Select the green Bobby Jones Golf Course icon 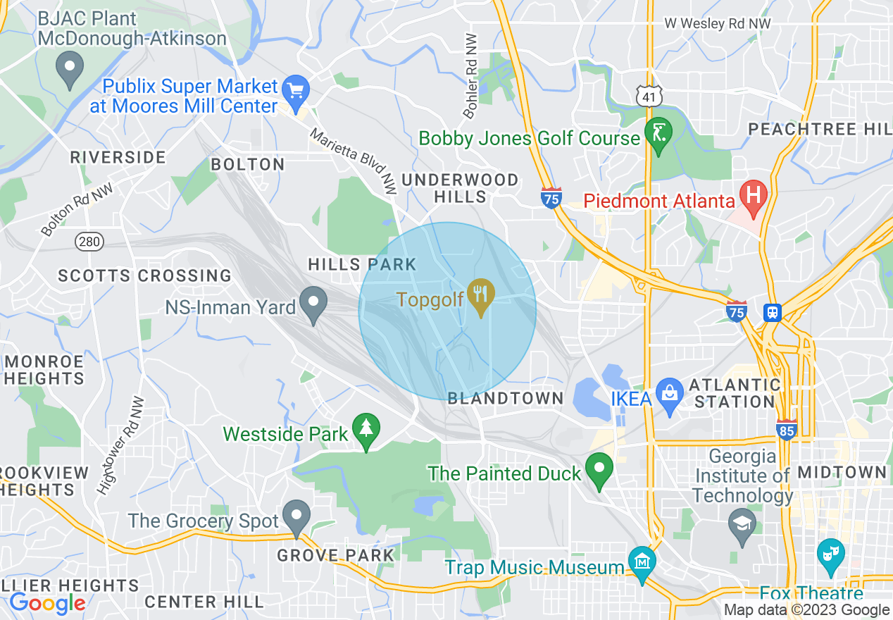[x=658, y=132]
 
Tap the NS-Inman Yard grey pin [x=313, y=303]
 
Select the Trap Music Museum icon [x=642, y=562]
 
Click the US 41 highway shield [x=647, y=97]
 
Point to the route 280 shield [x=89, y=242]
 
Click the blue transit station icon [x=773, y=311]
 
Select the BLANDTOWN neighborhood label [x=506, y=398]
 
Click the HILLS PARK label [x=362, y=264]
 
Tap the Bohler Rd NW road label [x=470, y=76]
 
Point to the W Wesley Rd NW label [x=718, y=24]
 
